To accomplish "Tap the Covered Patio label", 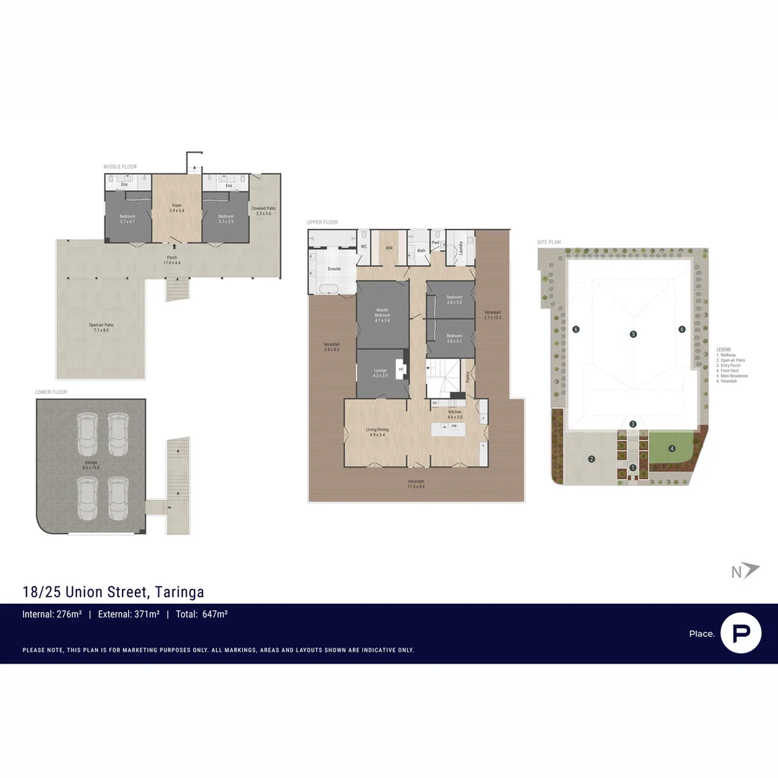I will (x=264, y=211).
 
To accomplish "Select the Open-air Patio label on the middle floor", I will (x=102, y=328).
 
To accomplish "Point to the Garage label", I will (x=91, y=466).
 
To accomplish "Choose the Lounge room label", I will (x=380, y=373).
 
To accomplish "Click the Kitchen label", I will (x=455, y=414).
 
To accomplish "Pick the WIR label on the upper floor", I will (x=389, y=248).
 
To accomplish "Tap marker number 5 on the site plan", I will (x=633, y=334).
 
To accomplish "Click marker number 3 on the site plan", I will (x=632, y=424).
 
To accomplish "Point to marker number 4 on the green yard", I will (x=671, y=448).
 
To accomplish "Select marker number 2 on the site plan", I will (x=591, y=459).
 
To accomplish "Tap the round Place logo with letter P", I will (x=741, y=633).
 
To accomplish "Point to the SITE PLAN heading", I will (x=549, y=242).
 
